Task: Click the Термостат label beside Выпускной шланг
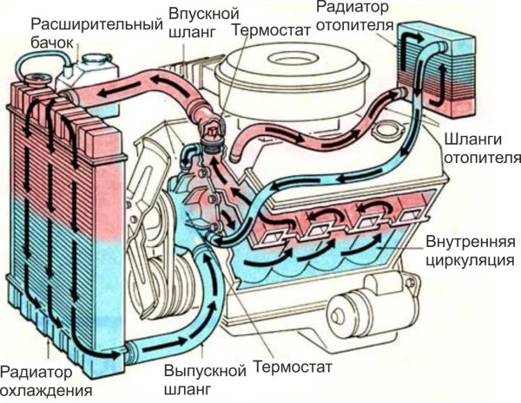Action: click(x=293, y=367)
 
